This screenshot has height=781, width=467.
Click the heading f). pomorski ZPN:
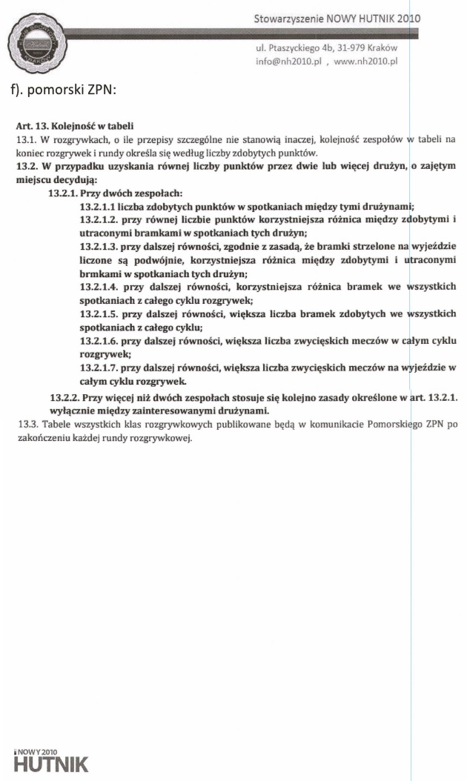coord(62,92)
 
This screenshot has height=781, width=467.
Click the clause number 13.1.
coord(24,138)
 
